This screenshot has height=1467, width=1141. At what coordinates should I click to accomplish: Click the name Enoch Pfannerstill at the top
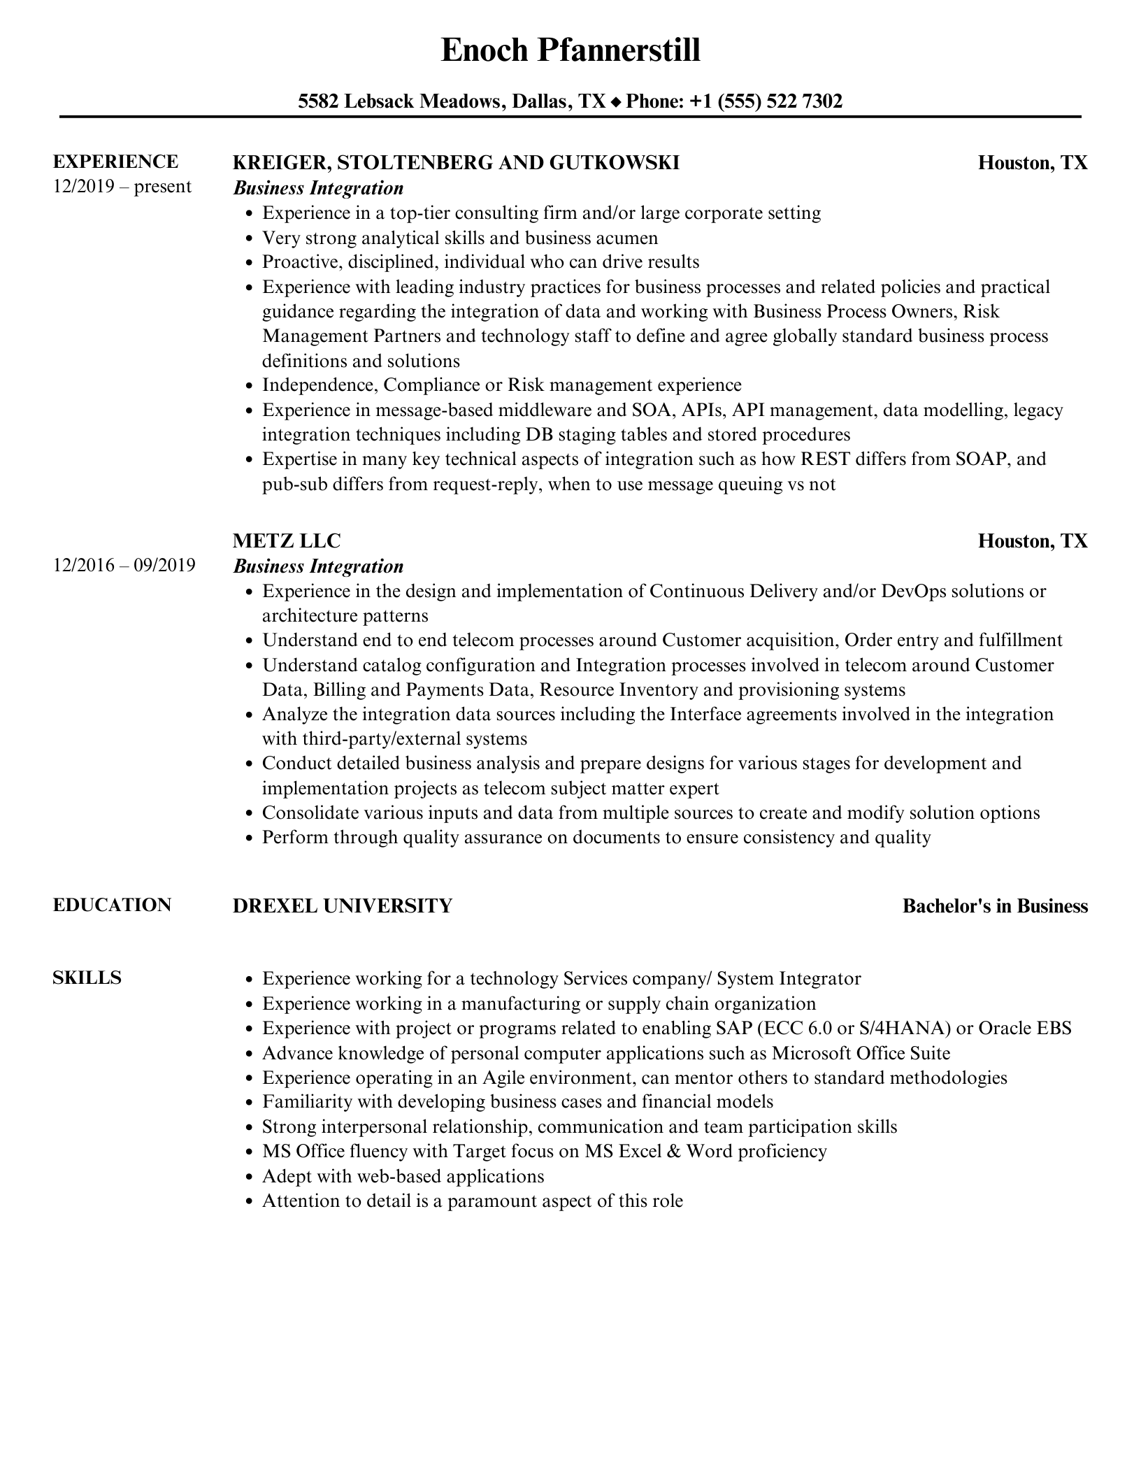pyautogui.click(x=570, y=51)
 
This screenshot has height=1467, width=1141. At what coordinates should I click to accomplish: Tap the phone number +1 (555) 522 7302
pyautogui.click(x=766, y=102)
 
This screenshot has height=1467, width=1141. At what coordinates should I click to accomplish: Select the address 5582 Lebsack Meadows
pyautogui.click(x=399, y=102)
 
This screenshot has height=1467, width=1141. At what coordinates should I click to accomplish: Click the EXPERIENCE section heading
pyautogui.click(x=115, y=162)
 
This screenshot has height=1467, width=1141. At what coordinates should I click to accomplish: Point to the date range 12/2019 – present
pyautogui.click(x=122, y=187)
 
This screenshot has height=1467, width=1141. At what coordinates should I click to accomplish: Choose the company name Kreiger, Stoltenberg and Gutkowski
pyautogui.click(x=455, y=163)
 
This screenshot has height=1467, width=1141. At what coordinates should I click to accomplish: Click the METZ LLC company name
pyautogui.click(x=286, y=541)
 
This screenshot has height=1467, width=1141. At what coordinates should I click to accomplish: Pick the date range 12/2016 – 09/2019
pyautogui.click(x=124, y=565)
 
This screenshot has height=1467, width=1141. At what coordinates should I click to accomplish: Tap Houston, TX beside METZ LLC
pyautogui.click(x=1032, y=541)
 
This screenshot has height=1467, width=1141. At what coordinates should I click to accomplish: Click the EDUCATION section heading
pyautogui.click(x=112, y=905)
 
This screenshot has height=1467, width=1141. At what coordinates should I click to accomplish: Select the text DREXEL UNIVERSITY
pyautogui.click(x=342, y=906)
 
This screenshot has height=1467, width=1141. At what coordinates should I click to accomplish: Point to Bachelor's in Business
pyautogui.click(x=994, y=906)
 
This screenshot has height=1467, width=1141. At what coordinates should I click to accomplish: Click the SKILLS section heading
pyautogui.click(x=87, y=978)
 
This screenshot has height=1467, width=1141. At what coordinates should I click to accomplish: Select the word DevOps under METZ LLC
pyautogui.click(x=913, y=591)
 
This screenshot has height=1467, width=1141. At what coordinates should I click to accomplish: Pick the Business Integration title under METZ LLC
pyautogui.click(x=318, y=566)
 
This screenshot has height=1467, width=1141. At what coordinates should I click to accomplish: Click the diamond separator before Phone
pyautogui.click(x=615, y=103)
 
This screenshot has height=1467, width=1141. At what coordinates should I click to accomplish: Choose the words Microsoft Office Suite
pyautogui.click(x=861, y=1053)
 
